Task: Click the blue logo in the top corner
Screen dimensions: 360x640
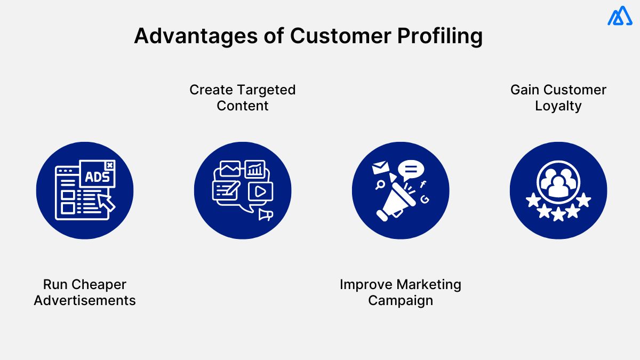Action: [619, 17]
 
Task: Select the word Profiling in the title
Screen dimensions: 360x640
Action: [439, 36]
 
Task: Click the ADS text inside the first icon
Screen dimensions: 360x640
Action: [97, 175]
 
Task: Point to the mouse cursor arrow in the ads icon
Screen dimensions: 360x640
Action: [107, 203]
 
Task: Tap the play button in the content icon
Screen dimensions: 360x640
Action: [260, 191]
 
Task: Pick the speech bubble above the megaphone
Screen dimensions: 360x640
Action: [411, 170]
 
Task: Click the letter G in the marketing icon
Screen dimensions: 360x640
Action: [425, 199]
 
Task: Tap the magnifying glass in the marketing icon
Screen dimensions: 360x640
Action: [380, 185]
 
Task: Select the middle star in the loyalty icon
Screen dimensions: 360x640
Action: [558, 214]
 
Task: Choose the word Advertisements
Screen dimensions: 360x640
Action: [85, 300]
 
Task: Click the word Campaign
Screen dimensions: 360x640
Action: [401, 300]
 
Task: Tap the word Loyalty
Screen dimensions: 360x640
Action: [558, 106]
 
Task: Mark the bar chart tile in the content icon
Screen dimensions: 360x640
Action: [255, 170]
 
